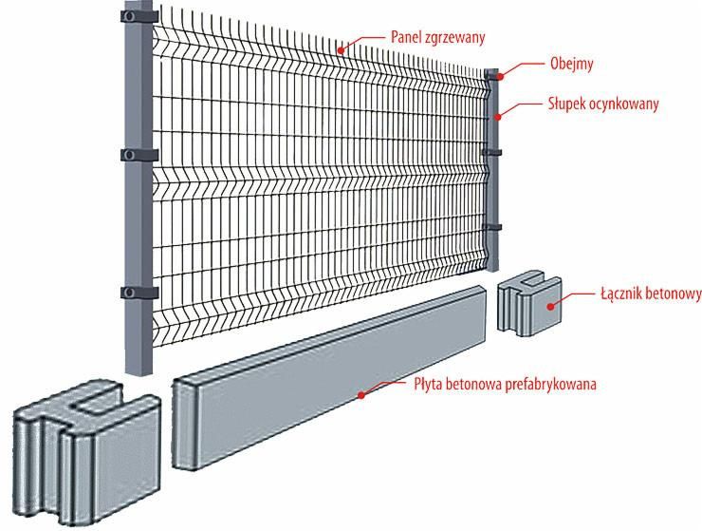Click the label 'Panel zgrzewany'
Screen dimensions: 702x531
pyautogui.click(x=437, y=37)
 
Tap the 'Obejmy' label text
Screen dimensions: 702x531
pyautogui.click(x=571, y=64)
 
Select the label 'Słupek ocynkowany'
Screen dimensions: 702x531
pyautogui.click(x=603, y=104)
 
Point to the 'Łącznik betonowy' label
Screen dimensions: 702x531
pyautogui.click(x=651, y=294)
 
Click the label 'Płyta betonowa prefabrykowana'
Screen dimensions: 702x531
pyautogui.click(x=505, y=384)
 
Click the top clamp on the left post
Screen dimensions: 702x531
pyautogui.click(x=139, y=16)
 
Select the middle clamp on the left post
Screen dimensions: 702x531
pyautogui.click(x=139, y=155)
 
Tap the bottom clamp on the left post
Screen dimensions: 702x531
pyautogui.click(x=139, y=293)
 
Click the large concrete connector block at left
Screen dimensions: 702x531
pyautogui.click(x=86, y=452)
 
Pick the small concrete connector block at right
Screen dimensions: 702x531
pyautogui.click(x=529, y=303)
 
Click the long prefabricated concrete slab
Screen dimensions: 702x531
pyautogui.click(x=329, y=378)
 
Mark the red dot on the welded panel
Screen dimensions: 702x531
pyautogui.click(x=341, y=49)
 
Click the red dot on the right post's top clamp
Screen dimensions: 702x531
pyautogui.click(x=500, y=76)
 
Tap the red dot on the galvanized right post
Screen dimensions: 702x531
pyautogui.click(x=497, y=117)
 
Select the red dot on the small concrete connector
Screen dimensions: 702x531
pyautogui.click(x=550, y=306)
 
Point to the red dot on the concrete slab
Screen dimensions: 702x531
pyautogui.click(x=360, y=395)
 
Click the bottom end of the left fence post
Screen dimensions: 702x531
pyautogui.click(x=139, y=372)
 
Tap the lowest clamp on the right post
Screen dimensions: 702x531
pyautogui.click(x=491, y=227)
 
